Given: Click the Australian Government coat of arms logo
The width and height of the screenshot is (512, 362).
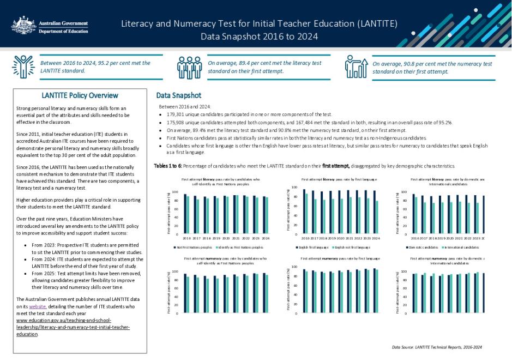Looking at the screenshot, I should [x=24, y=25].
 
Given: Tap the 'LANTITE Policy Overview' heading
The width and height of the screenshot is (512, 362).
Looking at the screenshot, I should [x=80, y=96].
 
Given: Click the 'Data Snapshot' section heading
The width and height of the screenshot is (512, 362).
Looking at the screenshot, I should [x=178, y=95].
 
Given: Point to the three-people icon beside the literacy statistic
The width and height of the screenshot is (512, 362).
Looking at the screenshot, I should [x=189, y=67].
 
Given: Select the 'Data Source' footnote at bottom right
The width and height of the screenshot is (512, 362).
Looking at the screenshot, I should [x=437, y=347].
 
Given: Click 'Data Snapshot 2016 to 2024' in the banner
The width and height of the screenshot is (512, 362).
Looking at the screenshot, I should [x=259, y=37].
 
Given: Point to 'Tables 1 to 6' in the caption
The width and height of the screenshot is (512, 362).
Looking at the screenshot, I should [x=167, y=165].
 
